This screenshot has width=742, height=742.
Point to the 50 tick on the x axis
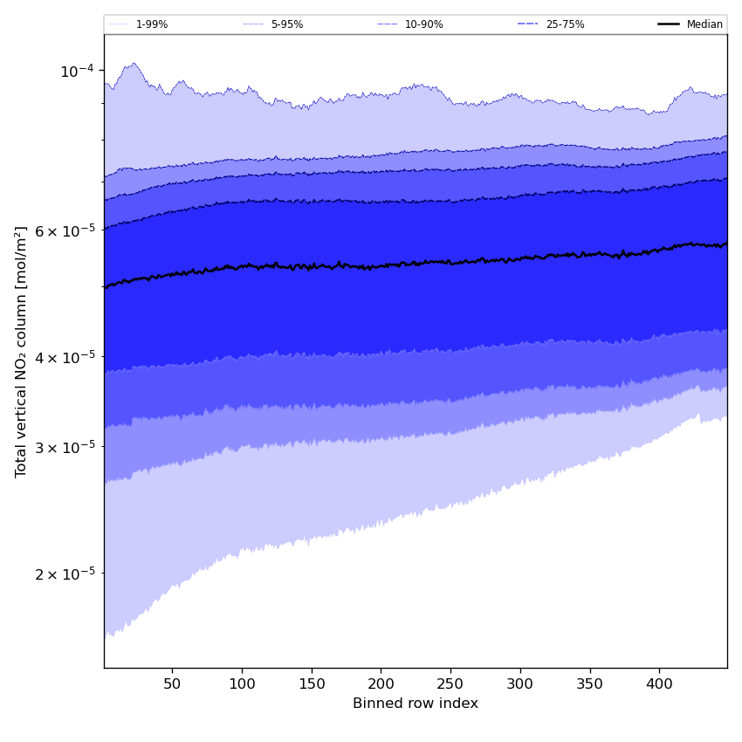tap(172, 682)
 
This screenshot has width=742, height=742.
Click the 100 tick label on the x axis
tap(242, 682)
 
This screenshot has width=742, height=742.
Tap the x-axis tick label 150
tap(312, 682)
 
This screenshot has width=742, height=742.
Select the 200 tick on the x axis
tap(381, 682)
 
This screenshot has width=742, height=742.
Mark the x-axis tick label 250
tap(450, 682)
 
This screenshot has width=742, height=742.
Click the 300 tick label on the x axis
tap(520, 682)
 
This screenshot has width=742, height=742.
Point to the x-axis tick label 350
tap(590, 682)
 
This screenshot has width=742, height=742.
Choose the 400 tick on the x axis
tap(659, 682)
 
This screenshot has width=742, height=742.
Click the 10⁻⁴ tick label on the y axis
tap(77, 71)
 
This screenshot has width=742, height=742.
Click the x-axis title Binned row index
tap(416, 704)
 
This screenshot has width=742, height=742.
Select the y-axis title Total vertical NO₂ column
tap(22, 351)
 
